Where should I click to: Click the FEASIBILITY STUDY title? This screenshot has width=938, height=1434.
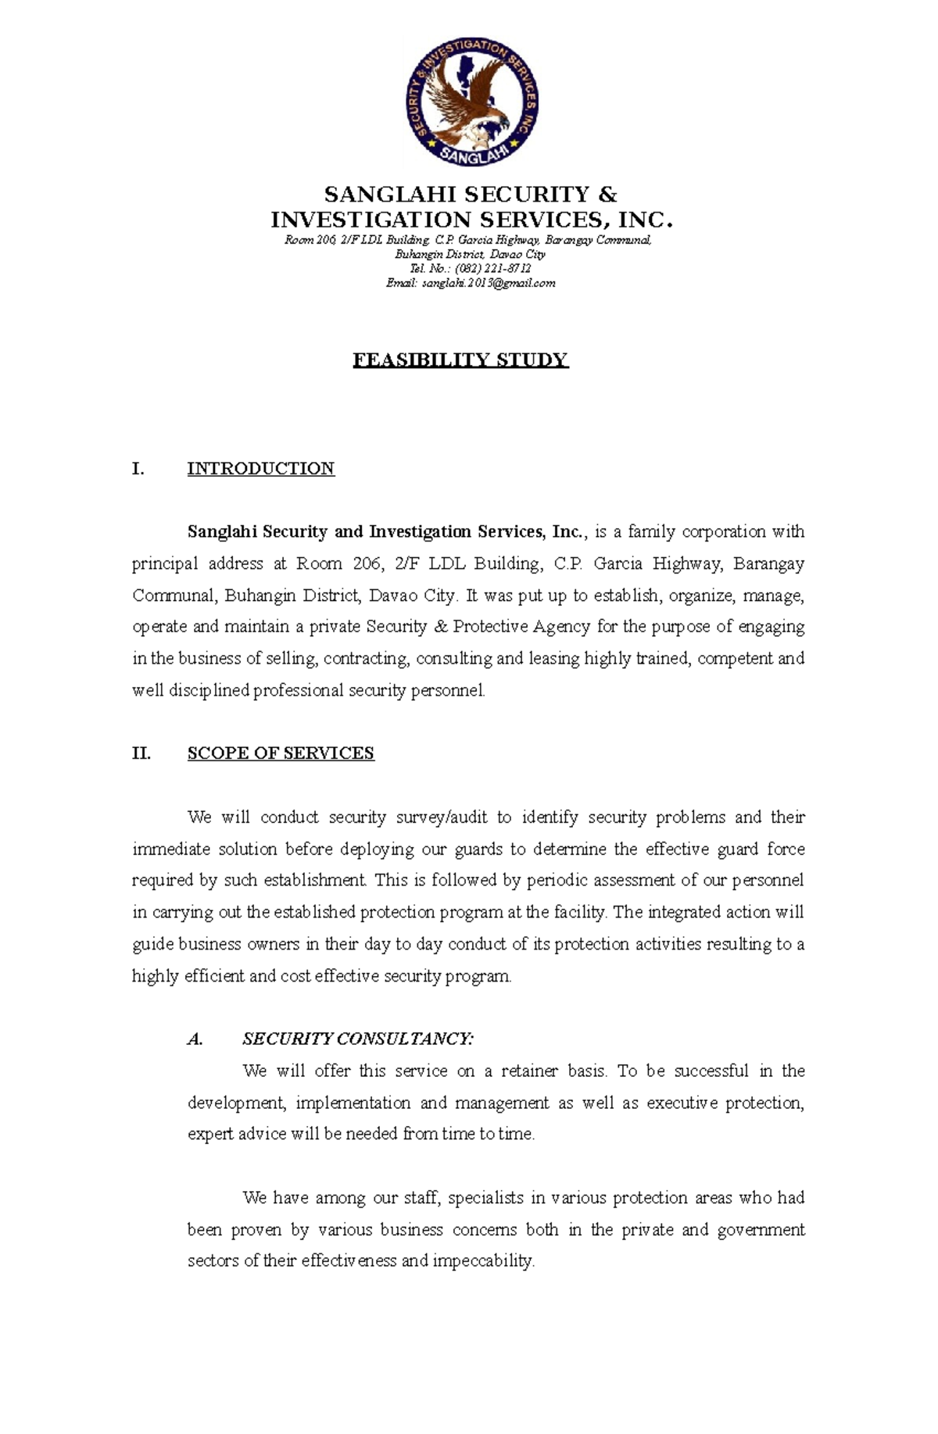[460, 360]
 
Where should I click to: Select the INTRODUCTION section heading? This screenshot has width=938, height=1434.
[260, 469]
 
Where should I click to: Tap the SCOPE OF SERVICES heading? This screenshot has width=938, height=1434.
[281, 753]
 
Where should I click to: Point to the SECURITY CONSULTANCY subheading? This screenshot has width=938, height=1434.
[357, 1039]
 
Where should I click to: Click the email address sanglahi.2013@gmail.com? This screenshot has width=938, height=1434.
[488, 283]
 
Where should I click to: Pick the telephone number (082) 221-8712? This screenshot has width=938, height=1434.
[487, 269]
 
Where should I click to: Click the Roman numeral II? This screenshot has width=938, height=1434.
[141, 753]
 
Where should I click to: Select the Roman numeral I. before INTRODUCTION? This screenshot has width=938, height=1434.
[138, 469]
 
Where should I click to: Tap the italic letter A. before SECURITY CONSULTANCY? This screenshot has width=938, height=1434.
[195, 1039]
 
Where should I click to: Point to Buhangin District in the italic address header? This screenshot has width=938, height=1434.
[438, 255]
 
